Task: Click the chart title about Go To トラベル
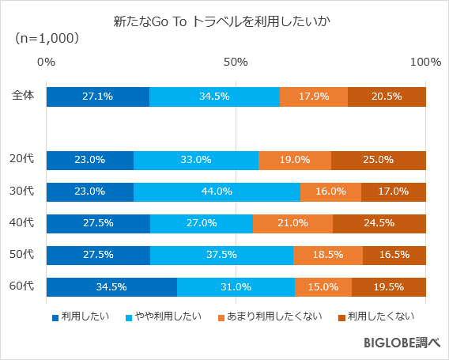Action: click(x=224, y=19)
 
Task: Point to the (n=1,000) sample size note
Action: click(x=47, y=38)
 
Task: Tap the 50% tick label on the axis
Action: click(x=236, y=62)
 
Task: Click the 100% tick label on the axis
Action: click(x=425, y=62)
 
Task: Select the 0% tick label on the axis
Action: click(x=46, y=62)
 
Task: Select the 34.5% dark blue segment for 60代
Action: click(x=111, y=286)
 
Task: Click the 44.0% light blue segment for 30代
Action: click(x=217, y=191)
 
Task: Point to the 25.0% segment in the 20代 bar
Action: click(x=379, y=160)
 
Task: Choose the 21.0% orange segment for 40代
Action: click(x=292, y=223)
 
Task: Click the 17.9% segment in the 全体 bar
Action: click(x=314, y=97)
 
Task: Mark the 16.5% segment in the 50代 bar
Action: click(x=394, y=255)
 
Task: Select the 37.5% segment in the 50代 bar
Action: click(x=221, y=255)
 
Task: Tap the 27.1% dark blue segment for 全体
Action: click(x=97, y=97)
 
